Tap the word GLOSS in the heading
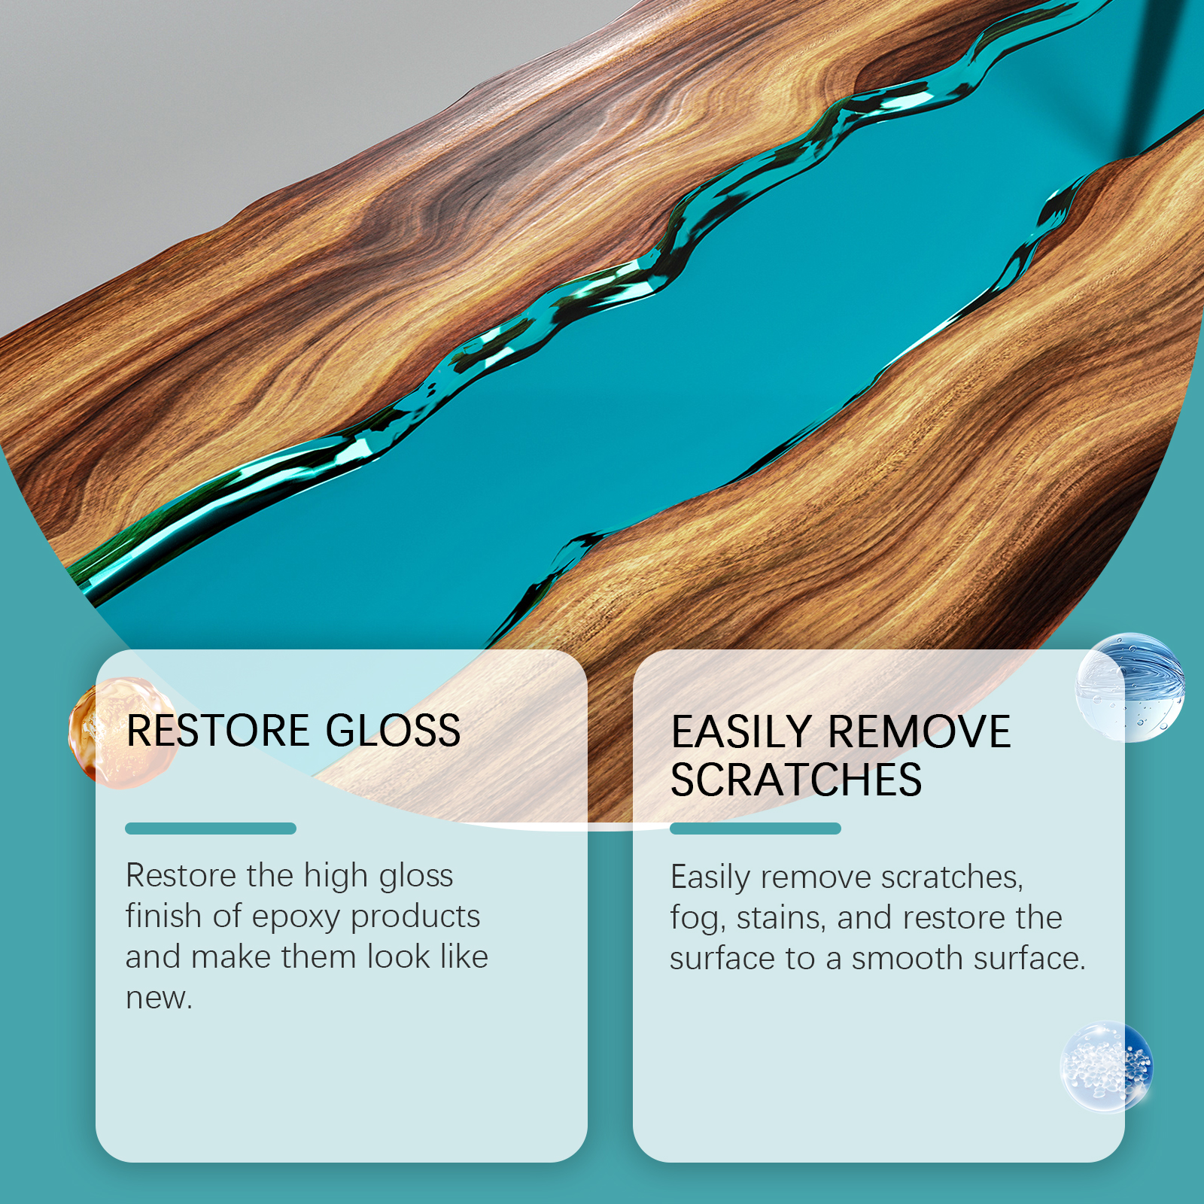393,731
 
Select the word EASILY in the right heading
741,732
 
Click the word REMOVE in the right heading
919,732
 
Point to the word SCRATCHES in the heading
796,780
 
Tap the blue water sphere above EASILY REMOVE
1130,687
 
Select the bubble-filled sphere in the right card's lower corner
1106,1066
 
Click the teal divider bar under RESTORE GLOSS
211,829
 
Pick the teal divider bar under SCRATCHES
756,829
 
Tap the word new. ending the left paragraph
159,999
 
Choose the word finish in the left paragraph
163,916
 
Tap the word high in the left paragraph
336,877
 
